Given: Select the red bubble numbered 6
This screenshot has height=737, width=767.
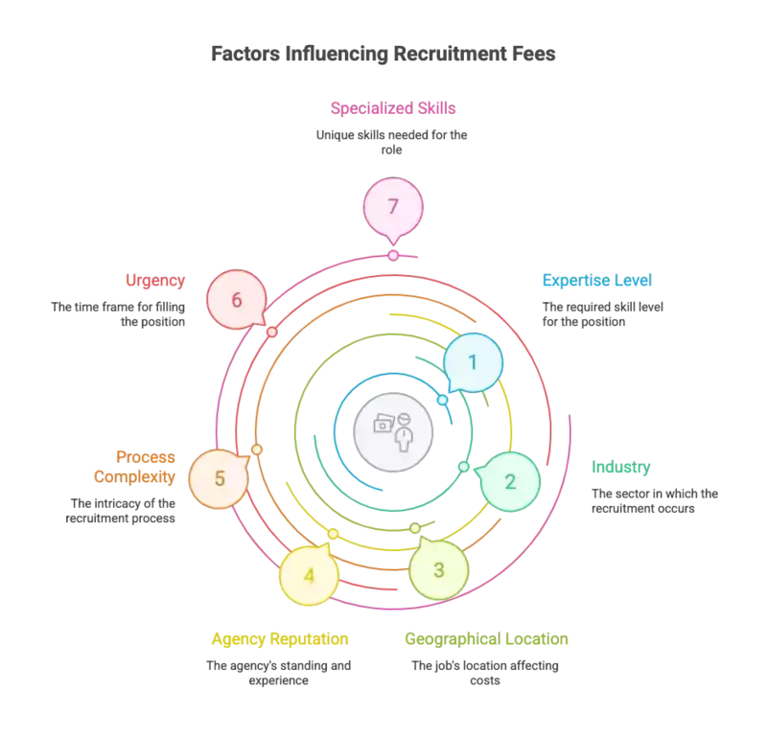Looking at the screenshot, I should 237,298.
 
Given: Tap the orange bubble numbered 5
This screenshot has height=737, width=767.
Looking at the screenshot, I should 220,478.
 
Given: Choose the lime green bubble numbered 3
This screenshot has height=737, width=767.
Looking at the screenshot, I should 439,570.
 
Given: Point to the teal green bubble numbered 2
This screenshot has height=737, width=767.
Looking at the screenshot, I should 510,481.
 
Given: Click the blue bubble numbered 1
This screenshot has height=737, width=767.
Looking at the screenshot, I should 472,361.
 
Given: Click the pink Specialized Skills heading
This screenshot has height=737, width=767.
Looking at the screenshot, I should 392,107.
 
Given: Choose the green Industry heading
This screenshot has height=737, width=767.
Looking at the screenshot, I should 620,468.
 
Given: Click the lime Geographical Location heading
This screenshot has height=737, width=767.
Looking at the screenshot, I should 488,639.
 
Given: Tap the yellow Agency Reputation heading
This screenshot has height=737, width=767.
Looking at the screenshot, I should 279,639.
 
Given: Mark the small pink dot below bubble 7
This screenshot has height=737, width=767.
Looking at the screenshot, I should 392,256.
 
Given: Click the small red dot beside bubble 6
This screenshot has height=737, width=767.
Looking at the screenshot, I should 272,332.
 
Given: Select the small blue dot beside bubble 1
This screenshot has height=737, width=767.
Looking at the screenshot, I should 442,399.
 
